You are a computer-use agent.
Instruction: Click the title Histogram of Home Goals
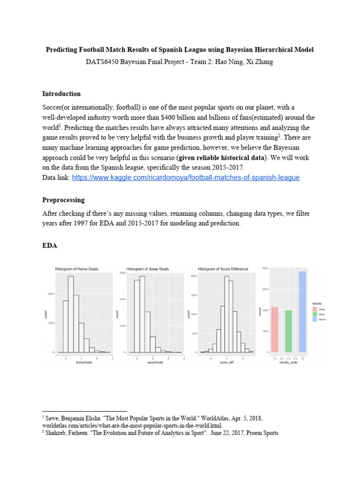(77, 269)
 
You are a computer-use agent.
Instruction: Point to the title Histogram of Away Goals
(148, 269)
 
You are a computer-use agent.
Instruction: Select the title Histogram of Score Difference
(223, 269)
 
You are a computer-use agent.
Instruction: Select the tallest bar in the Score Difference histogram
(226, 314)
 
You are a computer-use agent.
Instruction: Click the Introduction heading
(61, 94)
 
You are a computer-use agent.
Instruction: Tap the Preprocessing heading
(63, 200)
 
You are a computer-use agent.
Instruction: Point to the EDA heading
(50, 245)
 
